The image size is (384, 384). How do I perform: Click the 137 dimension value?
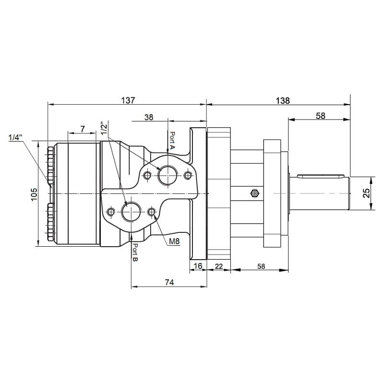click(x=128, y=100)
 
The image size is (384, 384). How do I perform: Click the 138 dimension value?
click(x=283, y=101)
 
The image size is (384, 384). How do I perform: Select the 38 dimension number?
click(x=149, y=117)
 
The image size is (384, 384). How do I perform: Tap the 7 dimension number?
click(x=83, y=129)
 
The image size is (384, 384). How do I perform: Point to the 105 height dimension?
click(x=34, y=194)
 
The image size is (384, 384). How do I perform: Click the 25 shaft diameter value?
click(x=366, y=193)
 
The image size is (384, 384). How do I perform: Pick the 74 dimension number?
click(x=169, y=282)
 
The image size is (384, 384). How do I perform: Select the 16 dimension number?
click(x=198, y=266)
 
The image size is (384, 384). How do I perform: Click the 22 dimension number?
click(x=219, y=266)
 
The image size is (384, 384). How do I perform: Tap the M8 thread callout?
click(x=174, y=242)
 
